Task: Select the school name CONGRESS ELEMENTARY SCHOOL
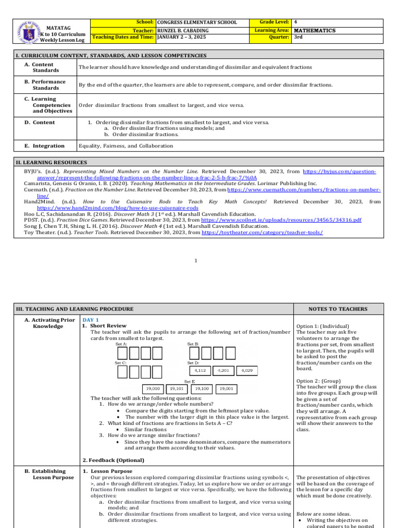point(197,23)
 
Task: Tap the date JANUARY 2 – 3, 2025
point(182,37)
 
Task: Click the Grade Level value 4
point(295,23)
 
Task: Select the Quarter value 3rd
point(298,37)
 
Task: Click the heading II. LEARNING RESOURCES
point(52,162)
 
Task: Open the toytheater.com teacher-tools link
point(262,233)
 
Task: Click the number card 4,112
point(200,370)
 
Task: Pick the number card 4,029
point(246,370)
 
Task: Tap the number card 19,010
point(153,389)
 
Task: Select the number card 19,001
point(225,389)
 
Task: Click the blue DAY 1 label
point(91,320)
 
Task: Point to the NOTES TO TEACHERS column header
point(338,309)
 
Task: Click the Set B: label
point(193,344)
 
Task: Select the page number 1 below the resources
point(196,261)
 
